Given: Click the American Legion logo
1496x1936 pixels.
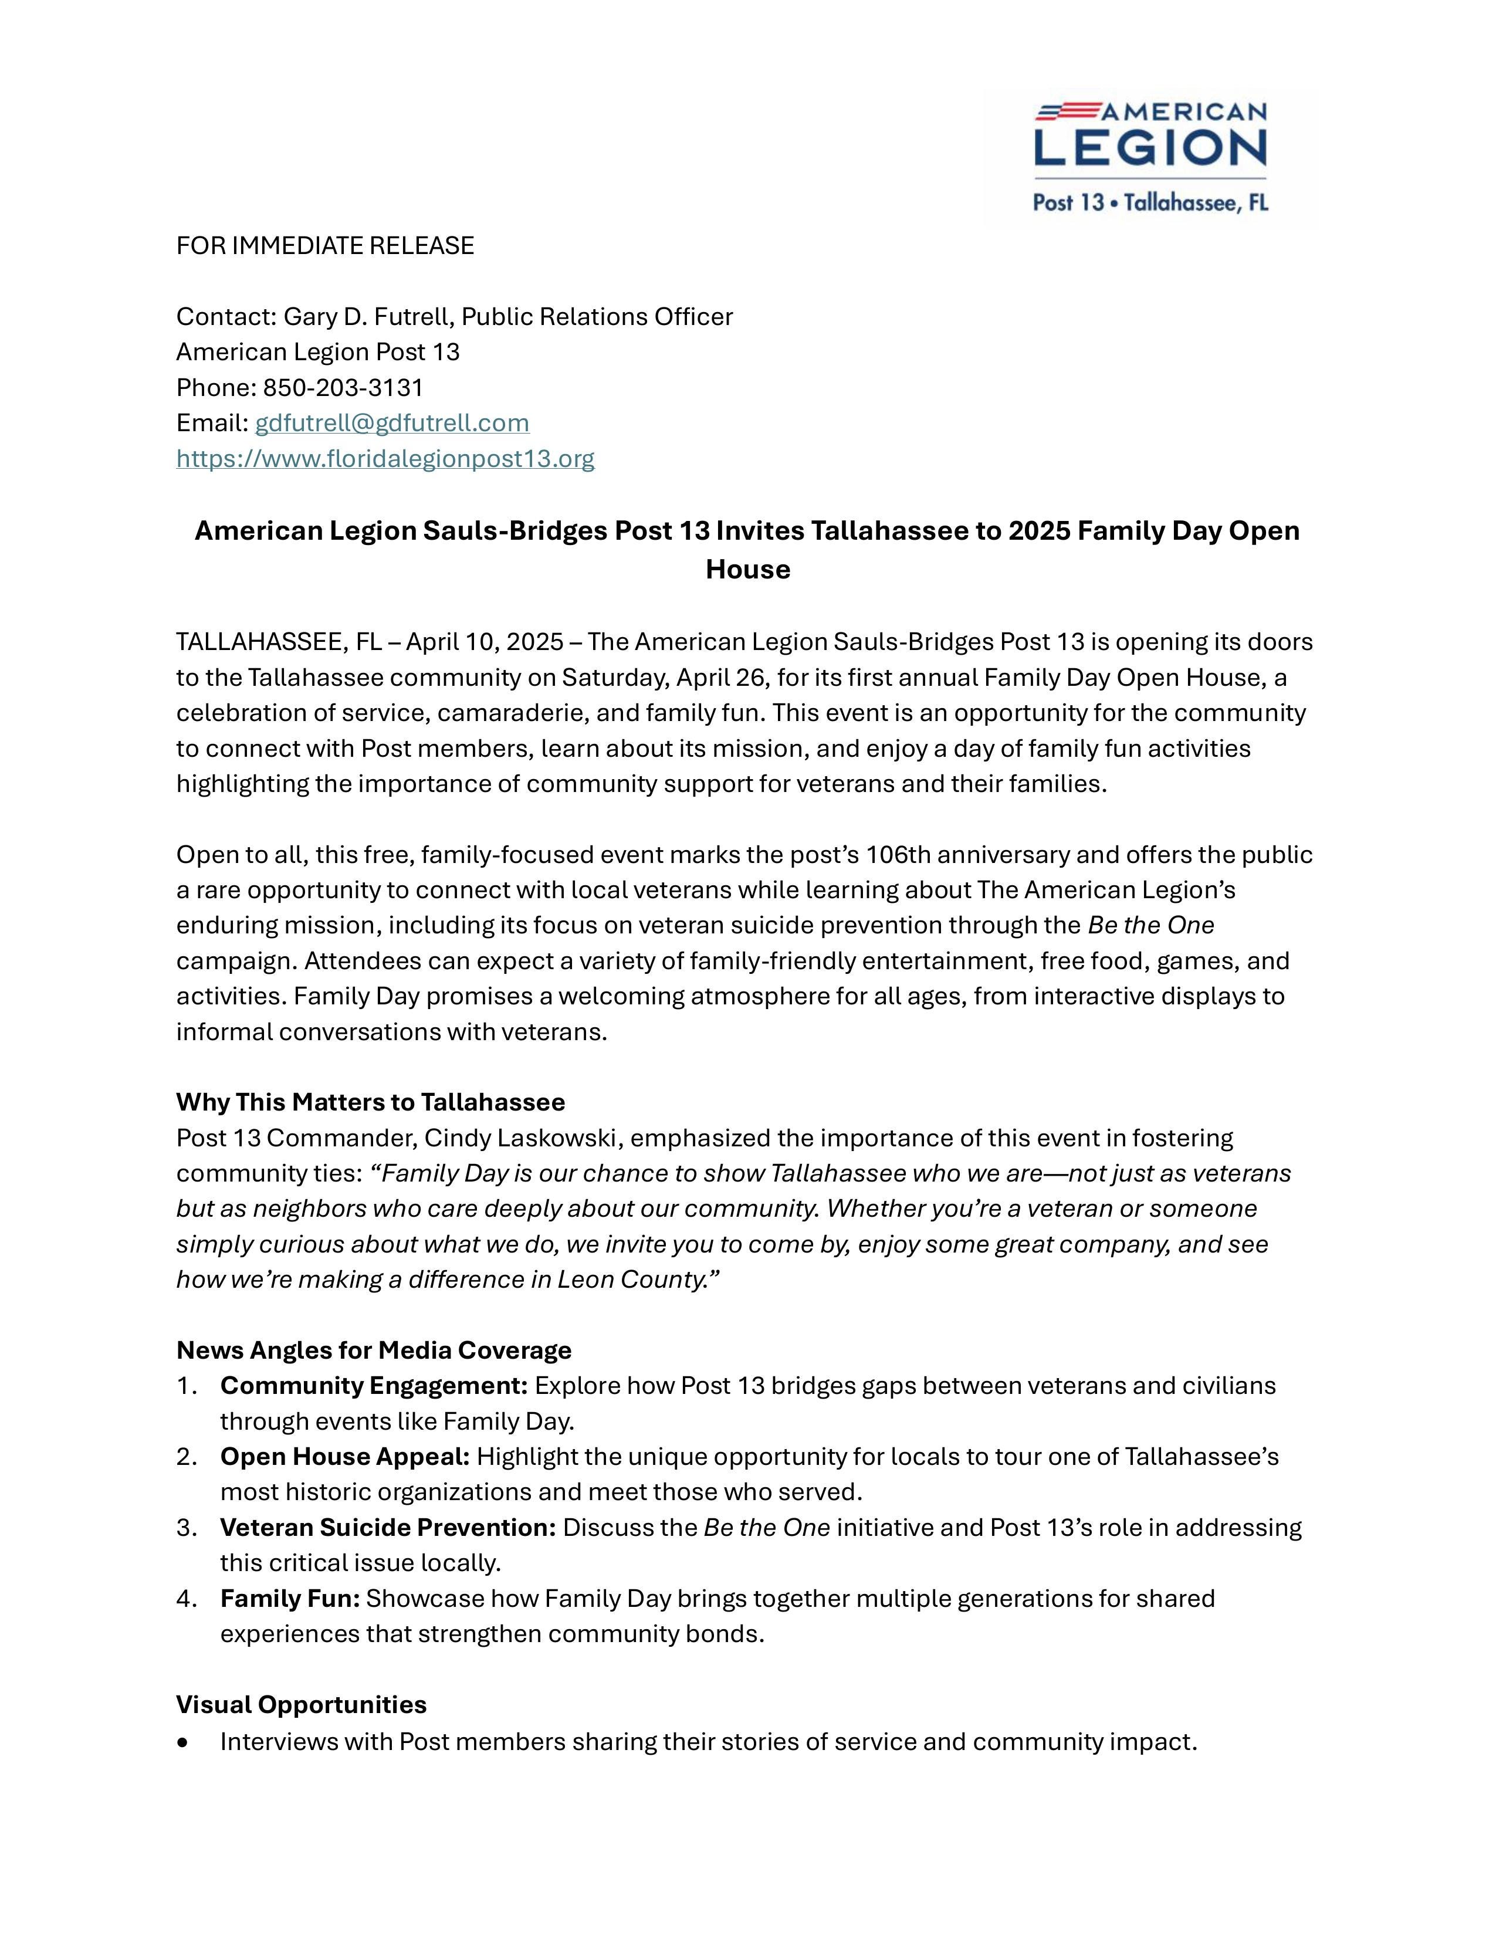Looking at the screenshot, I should tap(1150, 157).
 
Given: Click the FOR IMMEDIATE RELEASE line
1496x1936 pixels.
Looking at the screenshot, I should tap(325, 246).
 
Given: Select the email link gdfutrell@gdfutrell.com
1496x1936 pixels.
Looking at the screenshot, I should tap(392, 423).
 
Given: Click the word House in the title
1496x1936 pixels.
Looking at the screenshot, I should tap(747, 569).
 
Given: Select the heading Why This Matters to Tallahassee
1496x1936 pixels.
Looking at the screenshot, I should tap(370, 1102).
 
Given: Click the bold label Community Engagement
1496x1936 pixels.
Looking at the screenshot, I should tap(373, 1386).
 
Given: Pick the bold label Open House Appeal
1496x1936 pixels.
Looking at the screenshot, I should tap(345, 1457).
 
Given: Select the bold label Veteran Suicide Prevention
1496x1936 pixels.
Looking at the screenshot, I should tap(387, 1527).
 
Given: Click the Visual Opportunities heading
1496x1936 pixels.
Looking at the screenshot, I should tap(302, 1705).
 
